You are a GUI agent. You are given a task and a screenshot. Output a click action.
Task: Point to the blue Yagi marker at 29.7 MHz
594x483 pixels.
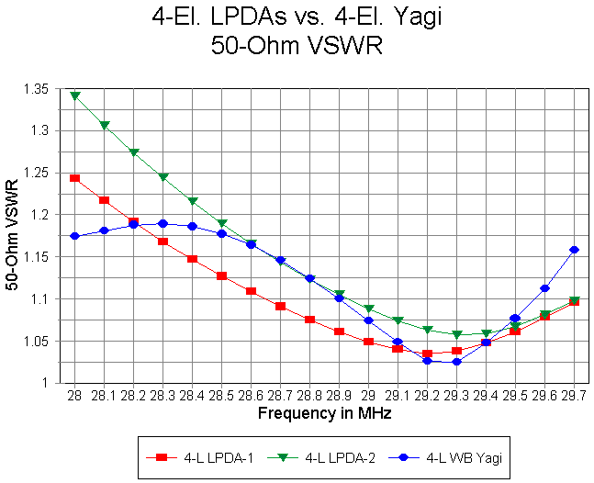click(x=574, y=250)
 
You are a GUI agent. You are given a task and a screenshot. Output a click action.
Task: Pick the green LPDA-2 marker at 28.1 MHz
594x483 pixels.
click(x=105, y=125)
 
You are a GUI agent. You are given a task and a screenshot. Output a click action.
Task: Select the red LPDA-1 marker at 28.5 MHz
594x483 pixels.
click(x=221, y=275)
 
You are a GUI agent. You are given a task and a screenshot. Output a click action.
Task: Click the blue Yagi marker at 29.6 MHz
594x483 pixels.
click(x=544, y=288)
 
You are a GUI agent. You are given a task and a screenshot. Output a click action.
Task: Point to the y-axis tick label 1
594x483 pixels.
click(x=47, y=383)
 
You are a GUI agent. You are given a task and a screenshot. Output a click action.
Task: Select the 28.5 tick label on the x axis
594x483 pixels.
click(x=221, y=395)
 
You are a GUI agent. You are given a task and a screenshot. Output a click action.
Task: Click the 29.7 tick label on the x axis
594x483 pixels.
click(x=574, y=395)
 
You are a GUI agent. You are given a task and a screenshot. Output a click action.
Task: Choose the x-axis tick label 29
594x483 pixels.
click(x=368, y=395)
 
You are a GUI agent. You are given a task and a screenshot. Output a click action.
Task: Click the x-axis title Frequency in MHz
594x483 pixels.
click(x=324, y=413)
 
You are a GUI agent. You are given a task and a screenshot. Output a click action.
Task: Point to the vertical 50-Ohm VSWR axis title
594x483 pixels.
click(x=13, y=236)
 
